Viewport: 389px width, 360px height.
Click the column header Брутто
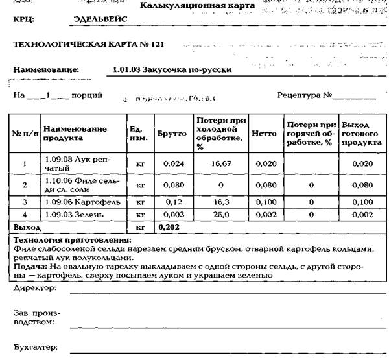pyautogui.click(x=171, y=134)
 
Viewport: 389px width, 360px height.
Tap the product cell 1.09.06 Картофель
pyautogui.click(x=82, y=202)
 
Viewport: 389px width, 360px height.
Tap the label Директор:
pyautogui.click(x=35, y=286)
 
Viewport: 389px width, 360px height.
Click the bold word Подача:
pyautogui.click(x=29, y=266)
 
